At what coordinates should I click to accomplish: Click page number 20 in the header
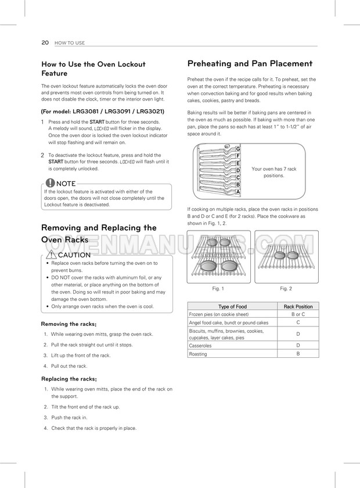click(44, 43)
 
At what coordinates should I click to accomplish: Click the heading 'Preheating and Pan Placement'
click(250, 63)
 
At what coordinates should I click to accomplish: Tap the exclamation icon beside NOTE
click(51, 184)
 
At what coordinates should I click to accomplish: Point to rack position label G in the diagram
click(238, 149)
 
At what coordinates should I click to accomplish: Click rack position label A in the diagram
click(238, 192)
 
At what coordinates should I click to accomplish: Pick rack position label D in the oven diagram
click(238, 171)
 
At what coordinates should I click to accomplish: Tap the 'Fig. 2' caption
click(286, 289)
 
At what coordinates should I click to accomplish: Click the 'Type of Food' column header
click(232, 306)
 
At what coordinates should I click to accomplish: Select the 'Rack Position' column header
click(298, 306)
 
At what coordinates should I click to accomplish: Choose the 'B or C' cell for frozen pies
click(298, 314)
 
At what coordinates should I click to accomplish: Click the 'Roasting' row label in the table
click(198, 354)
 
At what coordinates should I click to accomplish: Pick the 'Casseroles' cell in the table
click(200, 346)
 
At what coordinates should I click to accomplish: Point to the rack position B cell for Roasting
click(298, 354)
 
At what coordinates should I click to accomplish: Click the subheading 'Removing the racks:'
click(69, 324)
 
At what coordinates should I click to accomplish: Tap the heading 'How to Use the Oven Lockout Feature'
click(93, 69)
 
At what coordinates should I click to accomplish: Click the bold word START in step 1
click(96, 121)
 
